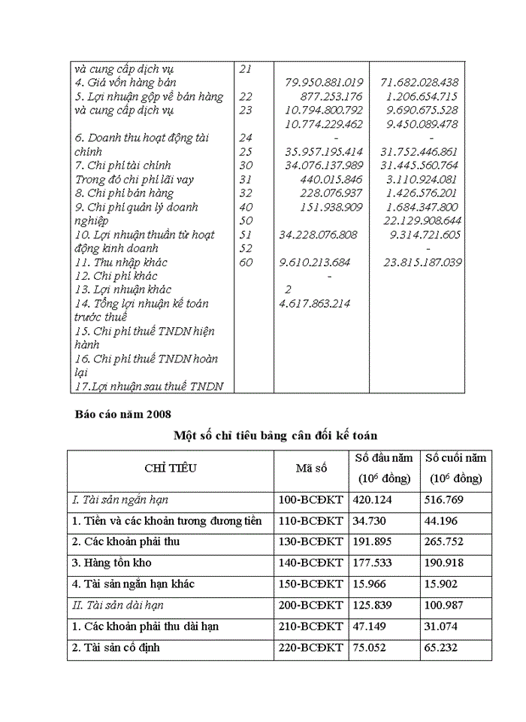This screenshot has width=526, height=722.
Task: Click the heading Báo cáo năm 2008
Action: tap(123, 414)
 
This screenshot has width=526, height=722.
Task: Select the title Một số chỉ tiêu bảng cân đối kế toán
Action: tap(275, 435)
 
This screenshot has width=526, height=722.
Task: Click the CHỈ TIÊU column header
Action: tap(171, 468)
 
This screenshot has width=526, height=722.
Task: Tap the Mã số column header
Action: tap(311, 468)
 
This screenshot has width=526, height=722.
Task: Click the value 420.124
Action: tap(371, 499)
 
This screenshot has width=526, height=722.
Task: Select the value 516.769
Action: tap(443, 499)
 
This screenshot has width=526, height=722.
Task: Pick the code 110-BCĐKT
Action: tap(310, 520)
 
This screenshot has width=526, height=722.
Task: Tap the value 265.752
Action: tap(443, 541)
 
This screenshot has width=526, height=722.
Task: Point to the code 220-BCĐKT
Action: tap(310, 647)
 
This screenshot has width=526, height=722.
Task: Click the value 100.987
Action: tap(443, 605)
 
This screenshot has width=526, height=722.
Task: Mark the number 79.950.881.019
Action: tap(324, 82)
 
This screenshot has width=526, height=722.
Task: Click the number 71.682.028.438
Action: tap(419, 82)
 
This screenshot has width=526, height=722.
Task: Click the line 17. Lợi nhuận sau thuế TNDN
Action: tap(148, 387)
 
